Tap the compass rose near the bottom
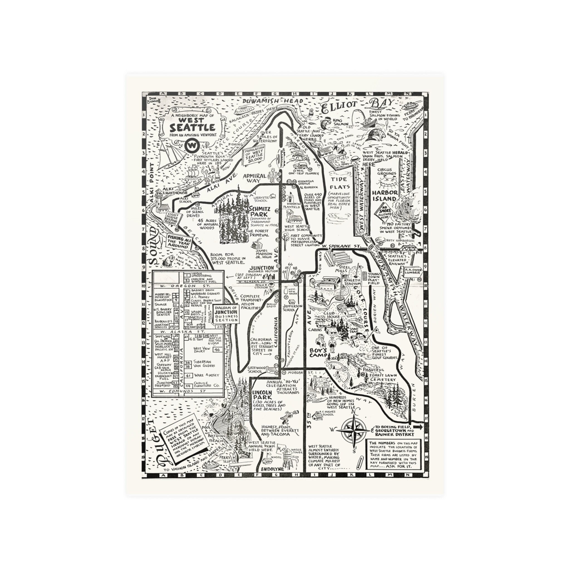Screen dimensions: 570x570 pos(353,431)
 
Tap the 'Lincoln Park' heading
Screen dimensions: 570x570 pos(262,395)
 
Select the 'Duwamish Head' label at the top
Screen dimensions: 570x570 pos(272,101)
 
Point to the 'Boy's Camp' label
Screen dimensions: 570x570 pos(318,353)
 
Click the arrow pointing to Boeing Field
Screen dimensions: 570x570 pos(418,427)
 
